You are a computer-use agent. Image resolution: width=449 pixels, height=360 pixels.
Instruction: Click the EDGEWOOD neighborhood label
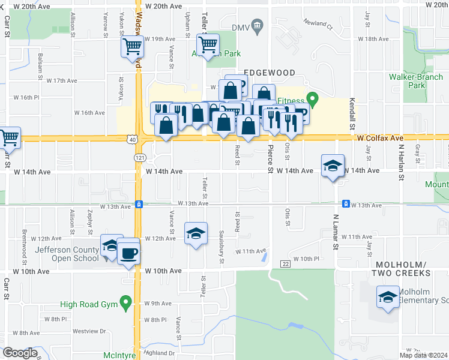(270, 73)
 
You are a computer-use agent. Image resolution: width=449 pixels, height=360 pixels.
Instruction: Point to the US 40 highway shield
(131, 139)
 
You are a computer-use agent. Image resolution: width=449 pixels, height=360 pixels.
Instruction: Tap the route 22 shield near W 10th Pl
(285, 264)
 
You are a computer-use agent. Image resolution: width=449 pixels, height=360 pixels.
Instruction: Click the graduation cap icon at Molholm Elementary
(387, 297)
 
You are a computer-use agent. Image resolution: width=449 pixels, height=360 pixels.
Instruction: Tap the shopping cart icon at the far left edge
(10, 138)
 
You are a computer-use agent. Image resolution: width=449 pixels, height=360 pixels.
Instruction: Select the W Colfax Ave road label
(379, 138)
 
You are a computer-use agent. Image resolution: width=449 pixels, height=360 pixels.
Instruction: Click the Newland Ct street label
(318, 26)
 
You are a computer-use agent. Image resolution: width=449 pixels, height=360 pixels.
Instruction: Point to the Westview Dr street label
(89, 331)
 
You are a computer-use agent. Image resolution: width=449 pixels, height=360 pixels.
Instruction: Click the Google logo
(19, 353)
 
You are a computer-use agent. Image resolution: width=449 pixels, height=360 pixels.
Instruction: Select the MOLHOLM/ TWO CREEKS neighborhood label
(402, 268)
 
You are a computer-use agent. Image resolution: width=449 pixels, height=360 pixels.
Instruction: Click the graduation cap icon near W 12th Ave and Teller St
(196, 233)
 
